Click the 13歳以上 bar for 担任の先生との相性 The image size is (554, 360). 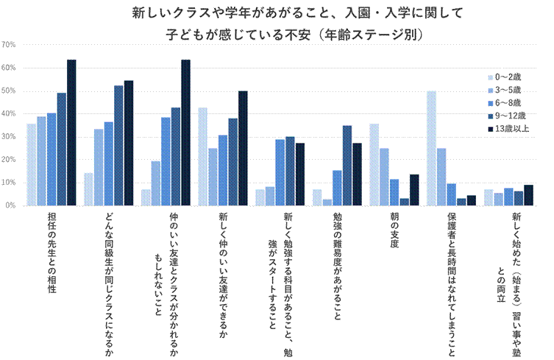pos(71,133)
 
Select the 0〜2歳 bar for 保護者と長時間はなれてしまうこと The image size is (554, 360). pos(431,148)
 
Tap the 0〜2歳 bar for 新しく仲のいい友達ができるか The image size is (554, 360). pos(202,156)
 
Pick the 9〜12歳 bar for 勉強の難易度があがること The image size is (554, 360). pos(347,166)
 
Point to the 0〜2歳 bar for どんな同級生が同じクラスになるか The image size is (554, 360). pos(89,189)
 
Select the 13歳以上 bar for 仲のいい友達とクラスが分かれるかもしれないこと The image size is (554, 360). pos(185,133)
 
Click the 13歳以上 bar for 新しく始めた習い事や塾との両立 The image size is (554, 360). pos(528,195)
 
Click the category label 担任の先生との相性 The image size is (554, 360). pos(51,250)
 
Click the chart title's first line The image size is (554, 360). pos(277,13)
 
